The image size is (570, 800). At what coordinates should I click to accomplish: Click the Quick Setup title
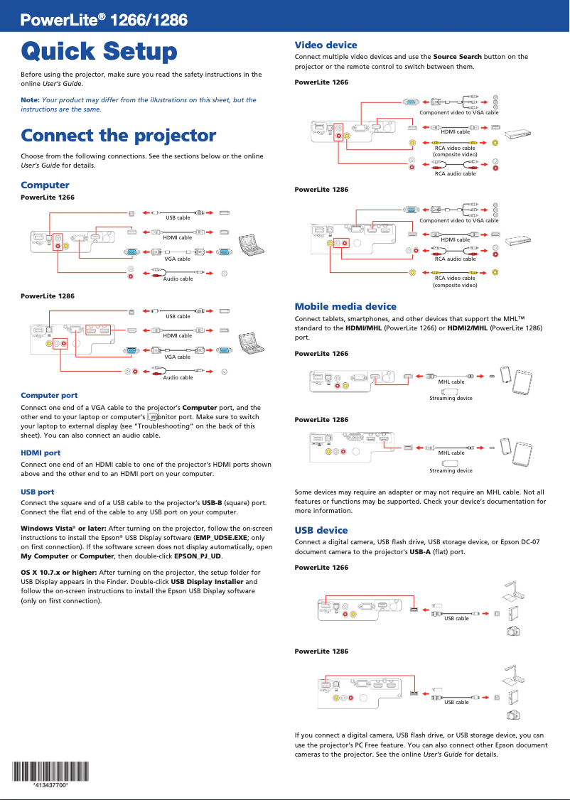[99, 52]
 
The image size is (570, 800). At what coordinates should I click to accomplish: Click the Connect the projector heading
[118, 136]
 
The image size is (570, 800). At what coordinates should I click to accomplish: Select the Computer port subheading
[49, 395]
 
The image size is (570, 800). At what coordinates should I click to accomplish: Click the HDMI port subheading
[41, 453]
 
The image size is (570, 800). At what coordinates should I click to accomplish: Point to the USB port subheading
[38, 492]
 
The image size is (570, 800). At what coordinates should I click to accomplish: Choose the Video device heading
[326, 45]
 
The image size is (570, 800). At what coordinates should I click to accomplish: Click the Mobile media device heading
[345, 306]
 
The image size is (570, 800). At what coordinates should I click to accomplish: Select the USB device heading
[321, 530]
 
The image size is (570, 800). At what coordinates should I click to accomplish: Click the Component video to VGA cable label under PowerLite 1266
[459, 113]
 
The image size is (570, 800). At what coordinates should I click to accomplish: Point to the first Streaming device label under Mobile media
[451, 399]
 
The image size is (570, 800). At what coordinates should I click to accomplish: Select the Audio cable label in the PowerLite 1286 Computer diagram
[178, 377]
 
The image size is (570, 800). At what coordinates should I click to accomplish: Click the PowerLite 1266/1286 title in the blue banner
[104, 21]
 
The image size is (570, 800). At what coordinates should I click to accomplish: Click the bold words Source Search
[457, 57]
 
